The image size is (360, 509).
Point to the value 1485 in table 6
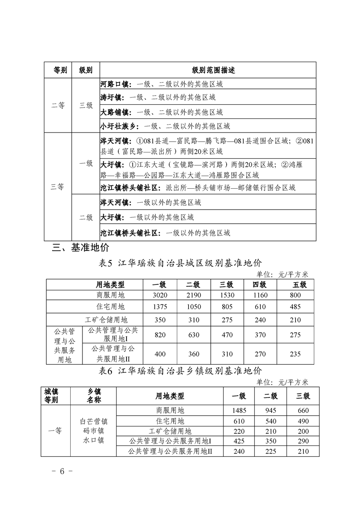239,410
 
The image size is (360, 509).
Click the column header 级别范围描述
207,70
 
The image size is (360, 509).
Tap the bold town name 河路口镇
115,84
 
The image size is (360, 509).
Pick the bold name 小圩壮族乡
119,126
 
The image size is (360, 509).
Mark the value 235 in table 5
295,354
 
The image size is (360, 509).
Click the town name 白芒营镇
94,421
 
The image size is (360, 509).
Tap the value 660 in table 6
303,410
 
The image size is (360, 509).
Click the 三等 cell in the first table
58,186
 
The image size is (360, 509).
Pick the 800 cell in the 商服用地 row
295,295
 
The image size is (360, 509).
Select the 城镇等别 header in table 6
51,396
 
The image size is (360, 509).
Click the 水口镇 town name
94,440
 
